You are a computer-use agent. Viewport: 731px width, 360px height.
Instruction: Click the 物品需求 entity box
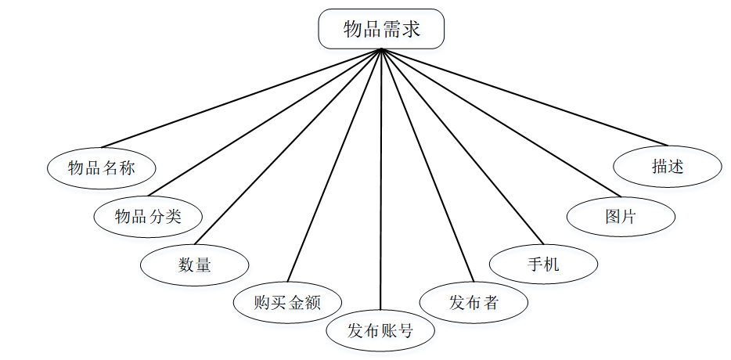tap(381, 31)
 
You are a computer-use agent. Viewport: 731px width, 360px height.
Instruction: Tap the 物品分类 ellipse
tap(148, 216)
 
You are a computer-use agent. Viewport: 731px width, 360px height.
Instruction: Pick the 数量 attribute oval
tap(195, 265)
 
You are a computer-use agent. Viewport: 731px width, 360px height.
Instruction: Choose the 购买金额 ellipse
tap(288, 301)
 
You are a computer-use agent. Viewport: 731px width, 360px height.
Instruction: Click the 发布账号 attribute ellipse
tap(380, 330)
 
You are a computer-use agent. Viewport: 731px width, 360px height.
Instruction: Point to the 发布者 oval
tap(474, 302)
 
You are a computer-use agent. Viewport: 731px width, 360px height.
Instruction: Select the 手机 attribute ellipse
tap(543, 265)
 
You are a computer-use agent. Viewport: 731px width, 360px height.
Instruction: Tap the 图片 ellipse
tap(621, 217)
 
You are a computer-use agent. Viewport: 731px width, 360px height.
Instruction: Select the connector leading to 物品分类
tap(266, 122)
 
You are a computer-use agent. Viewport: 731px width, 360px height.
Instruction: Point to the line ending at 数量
tap(290, 146)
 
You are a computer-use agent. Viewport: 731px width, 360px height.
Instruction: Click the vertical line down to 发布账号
tap(381, 180)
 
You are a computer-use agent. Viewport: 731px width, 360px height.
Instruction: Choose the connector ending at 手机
tap(462, 147)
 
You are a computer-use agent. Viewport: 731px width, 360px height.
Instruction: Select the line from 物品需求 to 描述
tap(524, 98)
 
